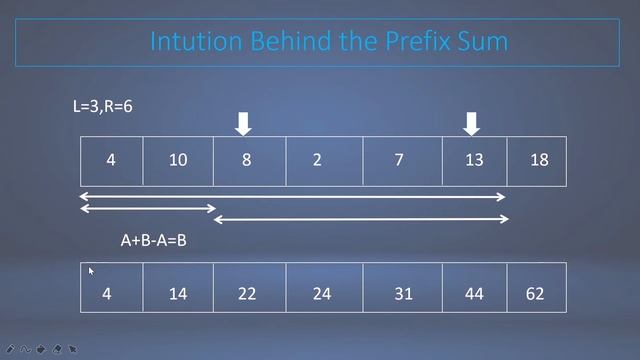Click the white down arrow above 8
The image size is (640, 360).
243,123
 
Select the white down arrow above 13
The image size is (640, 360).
472,123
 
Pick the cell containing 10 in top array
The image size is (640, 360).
178,161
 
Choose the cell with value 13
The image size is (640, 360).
474,161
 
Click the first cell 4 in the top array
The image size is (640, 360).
111,161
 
